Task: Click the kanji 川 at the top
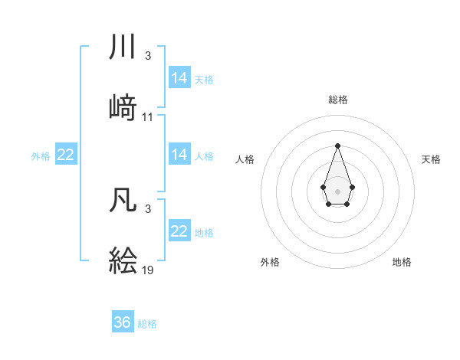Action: (123, 47)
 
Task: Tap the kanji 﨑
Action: (123, 107)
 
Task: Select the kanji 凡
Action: (123, 199)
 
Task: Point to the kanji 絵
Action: (123, 260)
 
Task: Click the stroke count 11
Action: (148, 117)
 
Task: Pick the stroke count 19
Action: (148, 270)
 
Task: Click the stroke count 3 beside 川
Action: (148, 56)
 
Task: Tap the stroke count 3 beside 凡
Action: (148, 209)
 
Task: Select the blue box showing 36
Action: (123, 322)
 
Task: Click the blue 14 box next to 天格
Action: (179, 78)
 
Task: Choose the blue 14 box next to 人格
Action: (179, 155)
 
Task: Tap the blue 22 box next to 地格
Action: (179, 231)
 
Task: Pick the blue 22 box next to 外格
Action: (66, 155)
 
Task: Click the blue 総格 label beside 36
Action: (147, 324)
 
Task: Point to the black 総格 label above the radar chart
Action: (337, 100)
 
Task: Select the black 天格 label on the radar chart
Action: (432, 159)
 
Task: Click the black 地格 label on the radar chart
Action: (402, 262)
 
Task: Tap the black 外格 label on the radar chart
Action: (270, 262)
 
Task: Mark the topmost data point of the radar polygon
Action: (337, 146)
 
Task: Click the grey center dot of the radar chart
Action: (337, 191)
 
